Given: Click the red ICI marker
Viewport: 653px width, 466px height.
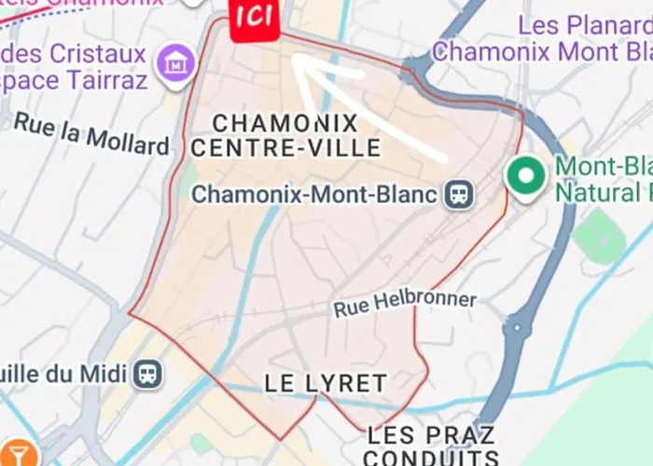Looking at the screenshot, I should [x=254, y=18].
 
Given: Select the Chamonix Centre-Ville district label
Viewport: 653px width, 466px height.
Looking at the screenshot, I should [x=285, y=135].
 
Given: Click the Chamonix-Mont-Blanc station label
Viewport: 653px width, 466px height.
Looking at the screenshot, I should [x=313, y=196].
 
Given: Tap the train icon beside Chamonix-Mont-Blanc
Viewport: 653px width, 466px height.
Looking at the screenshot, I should [x=460, y=195].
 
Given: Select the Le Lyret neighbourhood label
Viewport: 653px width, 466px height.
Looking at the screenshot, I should [x=325, y=383].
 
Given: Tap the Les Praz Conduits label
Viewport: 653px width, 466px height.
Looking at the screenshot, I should [x=431, y=445].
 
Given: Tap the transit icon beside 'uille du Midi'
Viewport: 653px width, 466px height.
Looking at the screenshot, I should [x=147, y=375].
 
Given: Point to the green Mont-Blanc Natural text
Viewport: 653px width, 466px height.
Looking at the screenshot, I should [x=603, y=180].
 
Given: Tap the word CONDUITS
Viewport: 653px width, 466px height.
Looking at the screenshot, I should [x=431, y=458].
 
